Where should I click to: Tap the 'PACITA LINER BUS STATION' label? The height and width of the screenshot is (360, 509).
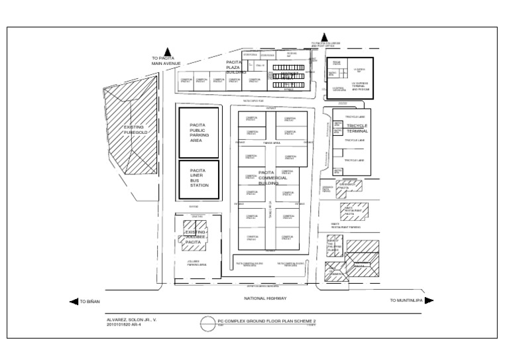[199, 178]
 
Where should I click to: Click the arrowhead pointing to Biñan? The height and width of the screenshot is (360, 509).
[74, 301]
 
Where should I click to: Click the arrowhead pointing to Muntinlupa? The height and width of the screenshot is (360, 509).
[429, 300]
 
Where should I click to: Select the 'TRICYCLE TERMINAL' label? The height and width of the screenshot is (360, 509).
[357, 128]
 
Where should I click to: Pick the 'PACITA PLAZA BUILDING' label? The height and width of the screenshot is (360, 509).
[237, 66]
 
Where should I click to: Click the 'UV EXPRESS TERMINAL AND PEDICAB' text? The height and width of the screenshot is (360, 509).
[360, 86]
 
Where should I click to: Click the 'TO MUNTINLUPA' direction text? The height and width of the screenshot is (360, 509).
[405, 301]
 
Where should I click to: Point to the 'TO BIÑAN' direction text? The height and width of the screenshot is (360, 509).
[89, 302]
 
